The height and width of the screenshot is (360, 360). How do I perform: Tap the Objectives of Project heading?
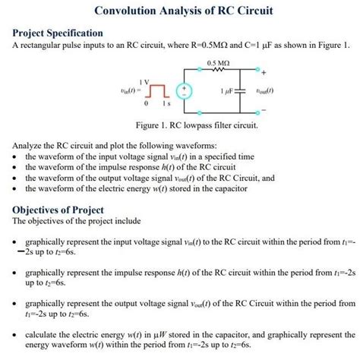[58, 210]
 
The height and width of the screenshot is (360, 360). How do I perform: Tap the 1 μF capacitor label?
[226, 91]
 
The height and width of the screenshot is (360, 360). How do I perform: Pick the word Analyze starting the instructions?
[30, 144]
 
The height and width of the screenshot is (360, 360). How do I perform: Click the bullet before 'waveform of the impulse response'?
[16, 167]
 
